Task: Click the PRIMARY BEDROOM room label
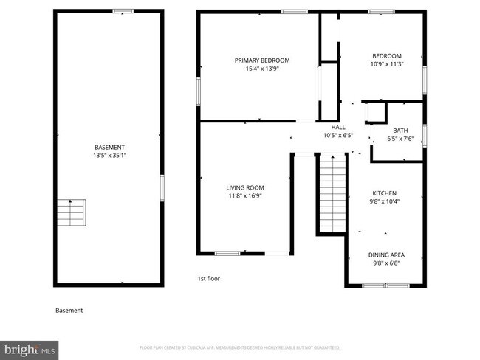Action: (x=262, y=60)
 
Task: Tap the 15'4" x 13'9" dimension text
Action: (x=262, y=69)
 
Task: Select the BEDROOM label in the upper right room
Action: (x=386, y=56)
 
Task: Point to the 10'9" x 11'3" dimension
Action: (x=386, y=64)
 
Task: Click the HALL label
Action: (x=338, y=127)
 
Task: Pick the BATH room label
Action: (x=400, y=131)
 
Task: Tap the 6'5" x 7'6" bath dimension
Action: (x=400, y=139)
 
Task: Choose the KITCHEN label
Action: (x=385, y=193)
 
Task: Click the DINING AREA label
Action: (x=386, y=255)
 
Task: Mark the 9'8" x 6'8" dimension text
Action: (x=386, y=263)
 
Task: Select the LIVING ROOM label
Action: (x=244, y=187)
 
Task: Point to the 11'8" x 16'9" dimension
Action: (x=244, y=195)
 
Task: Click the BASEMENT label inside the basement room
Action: (x=109, y=147)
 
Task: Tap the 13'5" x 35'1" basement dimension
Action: (x=109, y=155)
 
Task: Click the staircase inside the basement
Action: (x=72, y=212)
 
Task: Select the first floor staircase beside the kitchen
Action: (x=332, y=193)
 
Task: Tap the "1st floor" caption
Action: (x=208, y=279)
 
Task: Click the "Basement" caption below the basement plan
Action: (x=69, y=311)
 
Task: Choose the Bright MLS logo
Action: (x=30, y=347)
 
